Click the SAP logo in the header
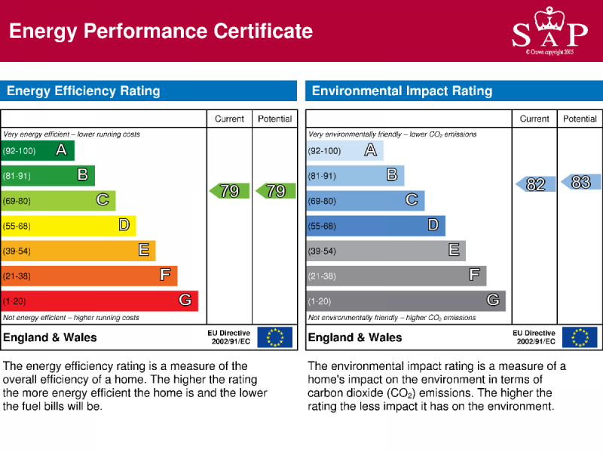tap(549, 31)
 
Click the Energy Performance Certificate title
tap(161, 31)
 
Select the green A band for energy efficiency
tap(38, 150)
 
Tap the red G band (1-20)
tap(99, 300)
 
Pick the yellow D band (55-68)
tap(68, 225)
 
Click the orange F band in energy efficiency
tap(89, 276)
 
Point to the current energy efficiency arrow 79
tap(229, 191)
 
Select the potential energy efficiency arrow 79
tap(275, 191)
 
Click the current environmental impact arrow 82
tap(535, 184)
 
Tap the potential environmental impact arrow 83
tap(580, 182)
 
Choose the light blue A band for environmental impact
tap(344, 150)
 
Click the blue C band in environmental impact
tap(365, 200)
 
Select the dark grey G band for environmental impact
tap(406, 300)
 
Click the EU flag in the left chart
tap(274, 337)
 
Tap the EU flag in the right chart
tap(580, 337)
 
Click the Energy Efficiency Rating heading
tap(84, 91)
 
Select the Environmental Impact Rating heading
tap(402, 91)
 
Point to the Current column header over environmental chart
tap(534, 119)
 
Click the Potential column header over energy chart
tap(275, 119)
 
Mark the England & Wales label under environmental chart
tap(355, 337)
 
